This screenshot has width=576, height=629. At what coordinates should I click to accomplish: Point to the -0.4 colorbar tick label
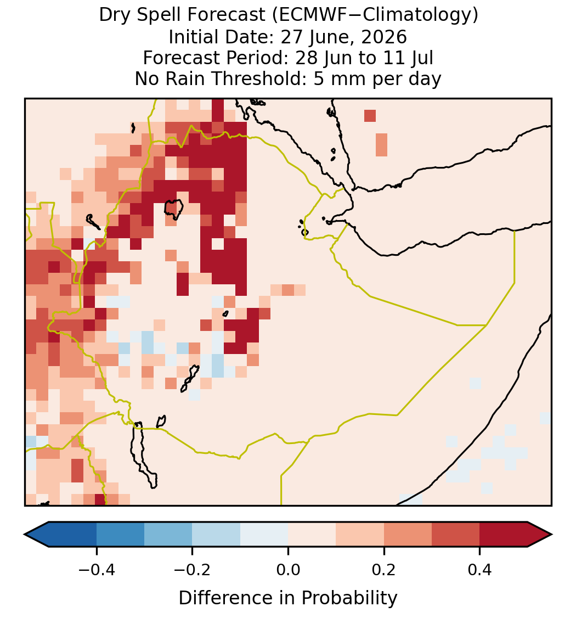point(96,569)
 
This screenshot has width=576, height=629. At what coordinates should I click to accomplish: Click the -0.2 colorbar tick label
point(192,569)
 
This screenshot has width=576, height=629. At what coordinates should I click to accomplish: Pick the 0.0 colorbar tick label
point(288,569)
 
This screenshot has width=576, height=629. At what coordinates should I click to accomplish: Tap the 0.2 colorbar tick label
point(384,569)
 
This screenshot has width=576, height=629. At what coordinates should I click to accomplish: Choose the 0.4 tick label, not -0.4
point(480,569)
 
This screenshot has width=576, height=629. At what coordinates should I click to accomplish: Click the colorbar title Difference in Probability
point(288,598)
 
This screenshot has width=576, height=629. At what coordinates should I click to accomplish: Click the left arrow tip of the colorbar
point(25,535)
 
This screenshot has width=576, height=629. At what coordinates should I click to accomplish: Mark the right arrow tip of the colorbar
point(552,535)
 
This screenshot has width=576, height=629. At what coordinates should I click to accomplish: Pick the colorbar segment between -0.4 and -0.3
point(120,535)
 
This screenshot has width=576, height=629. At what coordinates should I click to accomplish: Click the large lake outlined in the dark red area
point(174,209)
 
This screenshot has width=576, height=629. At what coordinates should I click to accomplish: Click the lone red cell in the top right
point(370,115)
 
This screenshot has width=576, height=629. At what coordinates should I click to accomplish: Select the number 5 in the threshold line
point(318,78)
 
